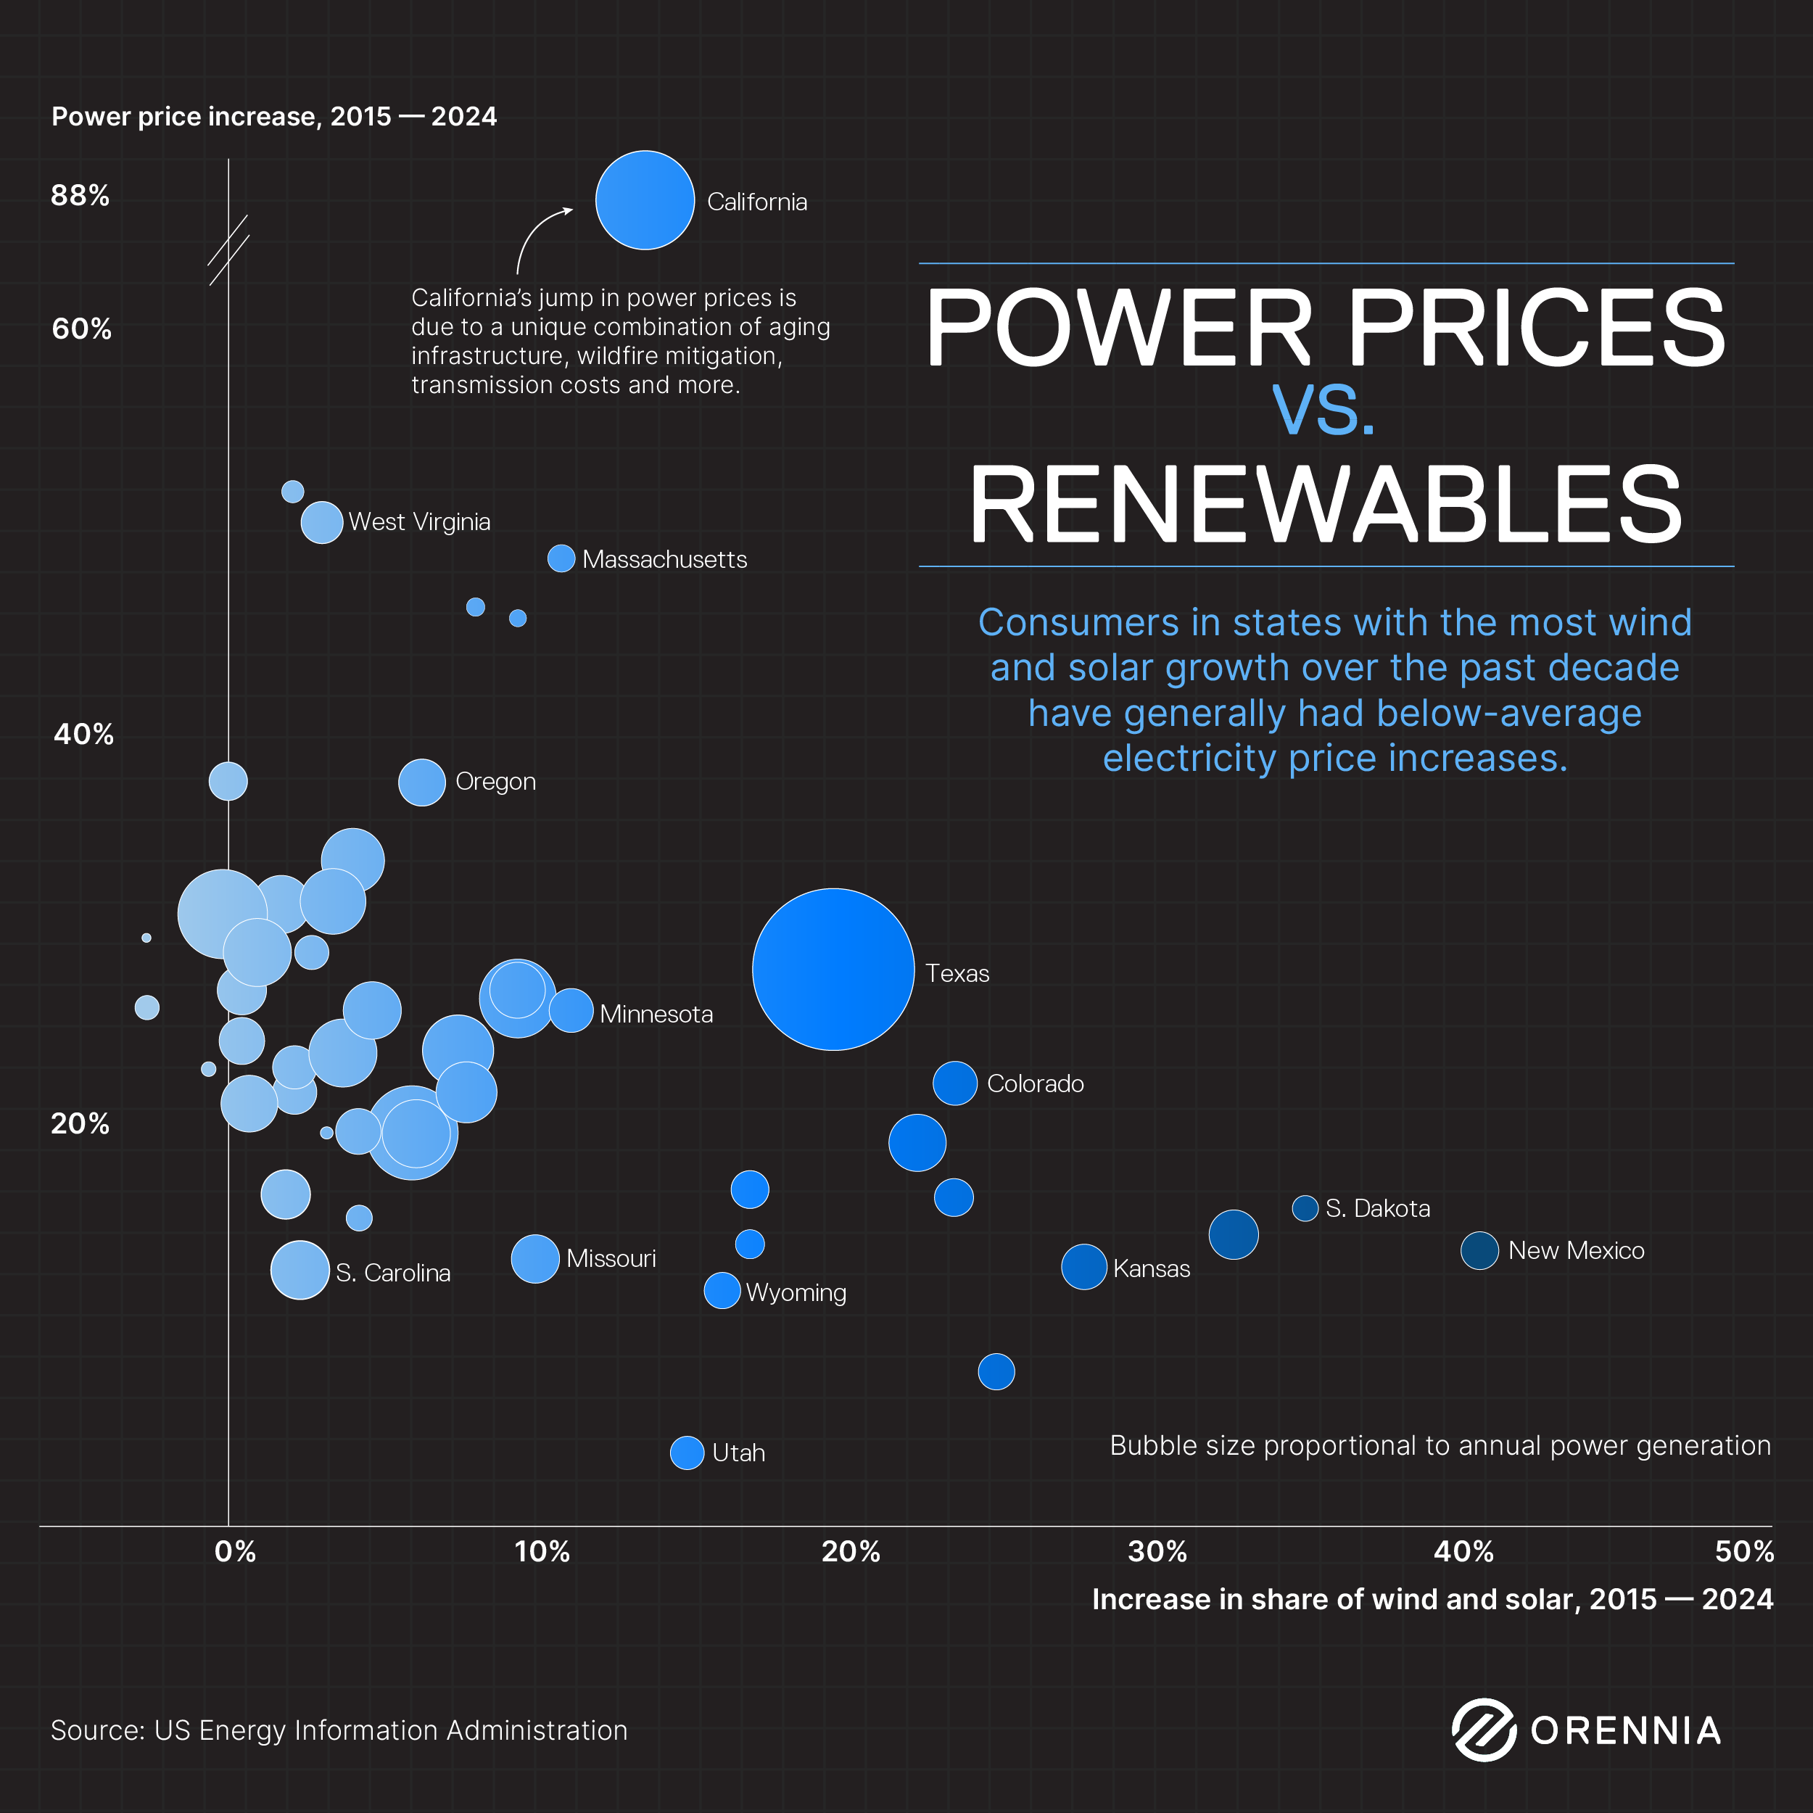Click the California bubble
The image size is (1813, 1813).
645,200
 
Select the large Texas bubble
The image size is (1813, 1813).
833,968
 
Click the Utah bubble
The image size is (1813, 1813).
687,1453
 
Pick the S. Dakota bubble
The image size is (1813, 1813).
1305,1207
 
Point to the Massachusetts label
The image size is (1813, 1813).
664,559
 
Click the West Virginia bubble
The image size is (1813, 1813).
322,521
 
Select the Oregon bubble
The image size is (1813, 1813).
421,782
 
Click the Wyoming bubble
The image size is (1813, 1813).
722,1290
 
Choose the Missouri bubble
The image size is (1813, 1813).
535,1258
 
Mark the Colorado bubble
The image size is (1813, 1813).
954,1083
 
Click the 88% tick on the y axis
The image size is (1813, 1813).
80,195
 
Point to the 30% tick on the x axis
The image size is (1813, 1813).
1157,1551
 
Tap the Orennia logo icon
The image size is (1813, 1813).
1484,1730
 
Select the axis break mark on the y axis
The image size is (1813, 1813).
228,249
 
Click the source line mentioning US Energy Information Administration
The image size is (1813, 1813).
339,1730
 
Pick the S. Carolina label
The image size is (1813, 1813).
392,1273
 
